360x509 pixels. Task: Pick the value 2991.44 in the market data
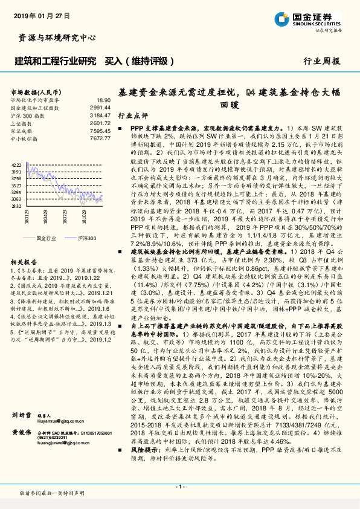[x=100, y=107]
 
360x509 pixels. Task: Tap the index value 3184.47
[x=100, y=114]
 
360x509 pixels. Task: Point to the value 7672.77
[x=100, y=138]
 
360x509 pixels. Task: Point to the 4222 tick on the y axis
[x=17, y=164]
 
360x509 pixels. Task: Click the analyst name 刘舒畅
[x=22, y=416]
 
